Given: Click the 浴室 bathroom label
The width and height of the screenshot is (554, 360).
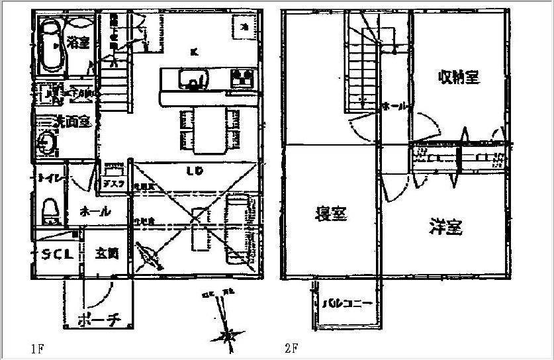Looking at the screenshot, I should click(78, 43).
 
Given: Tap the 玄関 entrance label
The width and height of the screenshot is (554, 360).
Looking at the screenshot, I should click(107, 253).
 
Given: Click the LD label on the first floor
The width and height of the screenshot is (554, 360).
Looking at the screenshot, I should click(194, 171).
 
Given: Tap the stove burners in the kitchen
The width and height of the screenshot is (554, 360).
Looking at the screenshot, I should click(242, 79).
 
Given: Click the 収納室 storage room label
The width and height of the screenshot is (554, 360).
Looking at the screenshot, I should click(458, 78).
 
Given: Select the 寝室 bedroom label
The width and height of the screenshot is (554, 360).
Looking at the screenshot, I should click(331, 214).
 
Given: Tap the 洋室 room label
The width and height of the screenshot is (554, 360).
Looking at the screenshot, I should click(445, 227).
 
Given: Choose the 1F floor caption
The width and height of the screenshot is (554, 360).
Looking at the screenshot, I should click(36, 347).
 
